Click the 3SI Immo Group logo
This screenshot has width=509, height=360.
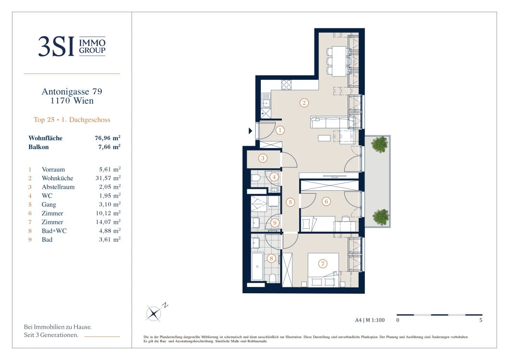[72, 46]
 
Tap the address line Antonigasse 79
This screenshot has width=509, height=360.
[72, 92]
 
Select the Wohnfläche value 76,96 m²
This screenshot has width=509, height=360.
[108, 138]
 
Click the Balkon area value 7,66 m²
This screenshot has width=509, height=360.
[109, 147]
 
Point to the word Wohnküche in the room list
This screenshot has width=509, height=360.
[58, 178]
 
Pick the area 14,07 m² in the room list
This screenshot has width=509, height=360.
[108, 222]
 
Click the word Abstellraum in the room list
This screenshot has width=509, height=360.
[58, 187]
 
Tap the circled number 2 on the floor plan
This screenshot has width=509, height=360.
[304, 103]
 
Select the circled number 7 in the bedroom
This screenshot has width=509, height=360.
[322, 263]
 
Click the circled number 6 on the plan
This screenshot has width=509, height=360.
[326, 201]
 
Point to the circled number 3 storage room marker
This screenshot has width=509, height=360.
[263, 159]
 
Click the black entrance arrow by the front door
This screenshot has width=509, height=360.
[250, 131]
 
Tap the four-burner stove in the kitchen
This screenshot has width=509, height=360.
[286, 85]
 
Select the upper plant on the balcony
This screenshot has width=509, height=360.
[379, 144]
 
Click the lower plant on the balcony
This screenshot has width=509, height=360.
[380, 217]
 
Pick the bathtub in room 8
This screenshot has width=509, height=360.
[257, 266]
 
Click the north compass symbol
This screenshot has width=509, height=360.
[154, 313]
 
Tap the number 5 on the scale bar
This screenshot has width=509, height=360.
[481, 320]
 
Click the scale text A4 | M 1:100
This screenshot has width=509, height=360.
[370, 320]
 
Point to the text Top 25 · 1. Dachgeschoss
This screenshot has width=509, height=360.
[72, 120]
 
